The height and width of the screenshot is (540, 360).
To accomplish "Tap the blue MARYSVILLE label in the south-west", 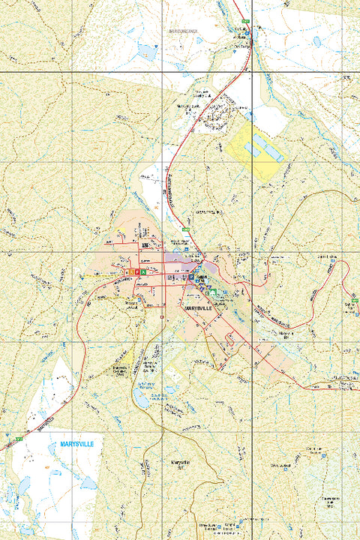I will (x=76, y=444).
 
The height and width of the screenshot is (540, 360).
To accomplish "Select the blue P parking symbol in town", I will (x=190, y=277).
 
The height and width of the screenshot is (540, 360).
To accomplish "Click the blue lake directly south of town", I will (x=142, y=400).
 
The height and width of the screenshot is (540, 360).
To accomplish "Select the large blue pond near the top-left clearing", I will (x=146, y=51).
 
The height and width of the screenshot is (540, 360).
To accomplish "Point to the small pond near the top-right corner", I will (x=316, y=43).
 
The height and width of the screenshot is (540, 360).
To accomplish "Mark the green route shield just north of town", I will (x=184, y=229).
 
